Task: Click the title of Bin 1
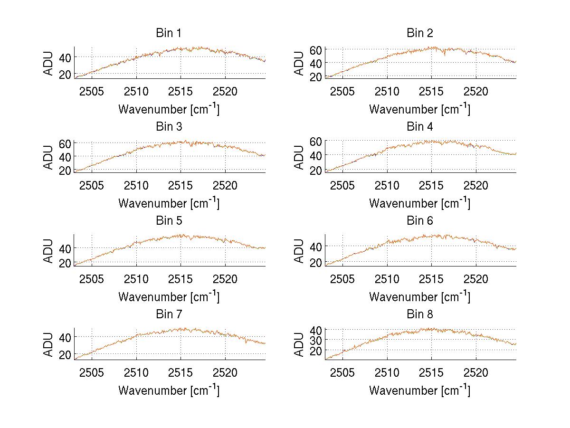[x=169, y=33]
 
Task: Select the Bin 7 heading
[x=169, y=314]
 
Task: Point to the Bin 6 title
[x=420, y=221]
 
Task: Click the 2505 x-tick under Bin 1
[x=92, y=91]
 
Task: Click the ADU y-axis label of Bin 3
[x=49, y=156]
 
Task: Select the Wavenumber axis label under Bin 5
[x=169, y=297]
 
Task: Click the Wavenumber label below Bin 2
[x=420, y=109]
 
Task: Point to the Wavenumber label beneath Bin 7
[x=169, y=390]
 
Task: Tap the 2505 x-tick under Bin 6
[x=342, y=279]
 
